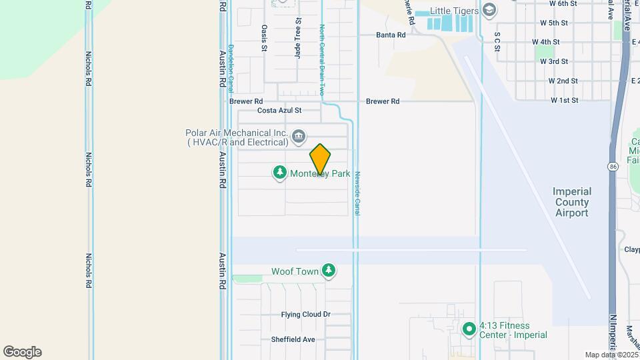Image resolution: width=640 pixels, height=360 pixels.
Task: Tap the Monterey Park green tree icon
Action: (x=280, y=173)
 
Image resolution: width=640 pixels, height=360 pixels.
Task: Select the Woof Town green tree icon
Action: (x=328, y=270)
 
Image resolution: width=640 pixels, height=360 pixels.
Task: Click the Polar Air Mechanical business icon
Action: (x=299, y=137)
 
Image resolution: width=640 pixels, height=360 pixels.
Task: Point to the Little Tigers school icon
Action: (x=490, y=9)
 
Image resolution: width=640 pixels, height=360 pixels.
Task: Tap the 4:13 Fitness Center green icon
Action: (x=469, y=329)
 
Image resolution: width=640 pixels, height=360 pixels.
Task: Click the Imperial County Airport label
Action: (x=572, y=202)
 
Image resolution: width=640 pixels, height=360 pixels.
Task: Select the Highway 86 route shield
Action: (x=612, y=165)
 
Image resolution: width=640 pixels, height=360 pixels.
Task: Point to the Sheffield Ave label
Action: (x=293, y=339)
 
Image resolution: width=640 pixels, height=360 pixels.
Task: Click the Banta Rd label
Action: (x=391, y=35)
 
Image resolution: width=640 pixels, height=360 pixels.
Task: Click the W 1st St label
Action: (x=564, y=101)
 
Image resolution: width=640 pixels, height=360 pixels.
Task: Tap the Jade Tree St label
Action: (x=298, y=37)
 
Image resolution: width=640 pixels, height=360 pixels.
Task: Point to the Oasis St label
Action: (x=265, y=38)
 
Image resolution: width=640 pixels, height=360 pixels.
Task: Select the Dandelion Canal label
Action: (x=231, y=68)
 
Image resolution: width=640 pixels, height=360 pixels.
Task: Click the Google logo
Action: (x=22, y=352)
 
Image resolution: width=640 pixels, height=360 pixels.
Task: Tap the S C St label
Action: (x=497, y=41)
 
